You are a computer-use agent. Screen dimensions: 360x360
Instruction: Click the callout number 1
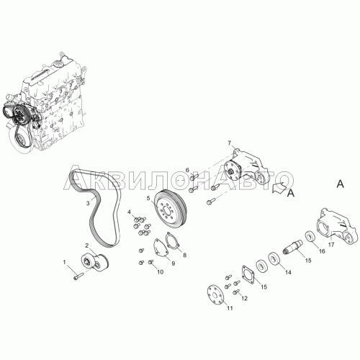tap(64, 262)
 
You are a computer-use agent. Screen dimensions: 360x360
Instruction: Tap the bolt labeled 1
tap(78, 276)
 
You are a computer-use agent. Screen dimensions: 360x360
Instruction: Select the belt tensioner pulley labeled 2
tap(95, 262)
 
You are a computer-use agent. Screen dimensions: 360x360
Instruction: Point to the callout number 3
tap(88, 203)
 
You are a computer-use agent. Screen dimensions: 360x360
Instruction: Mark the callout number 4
tap(130, 212)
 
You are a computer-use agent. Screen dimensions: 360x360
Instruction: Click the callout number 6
tap(187, 170)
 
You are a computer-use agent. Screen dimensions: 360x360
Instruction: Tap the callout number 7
tap(230, 143)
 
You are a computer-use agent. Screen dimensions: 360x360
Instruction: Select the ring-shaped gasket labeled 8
tap(172, 240)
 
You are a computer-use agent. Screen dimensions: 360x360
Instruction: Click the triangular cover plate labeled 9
tap(161, 248)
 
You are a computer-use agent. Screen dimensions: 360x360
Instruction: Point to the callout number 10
tap(160, 271)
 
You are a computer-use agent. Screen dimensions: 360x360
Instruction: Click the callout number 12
tap(244, 298)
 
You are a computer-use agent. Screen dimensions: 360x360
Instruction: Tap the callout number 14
tap(288, 272)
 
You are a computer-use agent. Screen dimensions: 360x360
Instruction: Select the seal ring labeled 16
tap(311, 237)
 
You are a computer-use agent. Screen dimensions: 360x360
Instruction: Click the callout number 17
tap(331, 245)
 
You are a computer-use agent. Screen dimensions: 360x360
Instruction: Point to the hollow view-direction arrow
tap(279, 187)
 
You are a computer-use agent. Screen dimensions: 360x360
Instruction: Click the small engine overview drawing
tap(44, 102)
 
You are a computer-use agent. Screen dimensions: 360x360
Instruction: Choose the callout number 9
tap(174, 264)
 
